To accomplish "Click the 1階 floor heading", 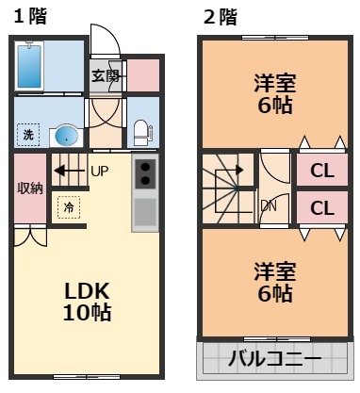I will tap(25, 16).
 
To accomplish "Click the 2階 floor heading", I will tap(219, 16).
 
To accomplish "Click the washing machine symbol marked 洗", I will tap(28, 135).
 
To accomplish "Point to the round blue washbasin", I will tap(66, 137).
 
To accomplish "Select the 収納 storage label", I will tap(30, 188).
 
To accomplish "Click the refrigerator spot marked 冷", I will tap(69, 206).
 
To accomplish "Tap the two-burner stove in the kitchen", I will tap(146, 172).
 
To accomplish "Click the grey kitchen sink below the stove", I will tap(146, 211).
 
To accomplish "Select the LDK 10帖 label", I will tap(87, 300).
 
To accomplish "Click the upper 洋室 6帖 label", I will tap(275, 91).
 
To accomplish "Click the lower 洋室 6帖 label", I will tap(275, 282).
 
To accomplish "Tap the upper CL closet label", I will tap(322, 172).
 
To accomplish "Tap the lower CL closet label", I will tap(322, 207).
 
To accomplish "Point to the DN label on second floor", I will tap(269, 205).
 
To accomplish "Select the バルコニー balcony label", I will tap(275, 359).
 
